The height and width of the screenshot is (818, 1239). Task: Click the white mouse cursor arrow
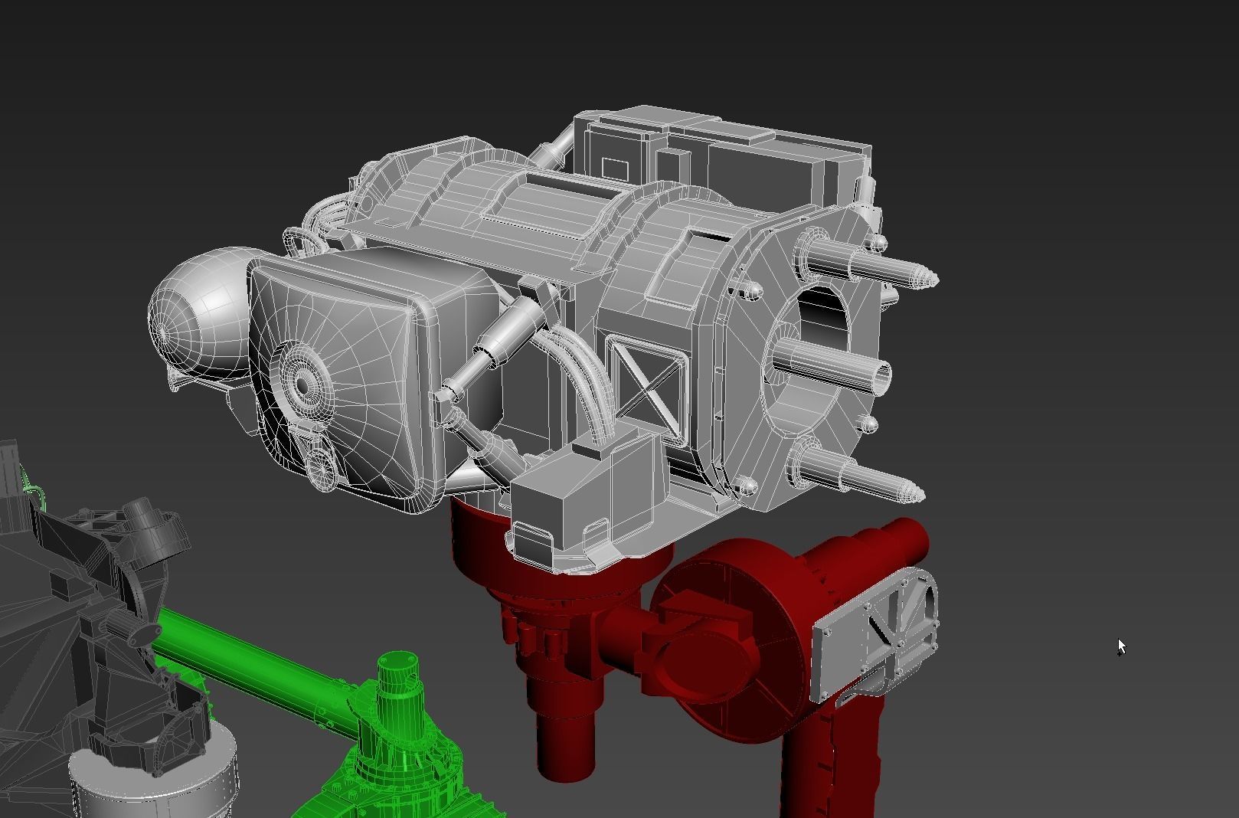coord(1121,646)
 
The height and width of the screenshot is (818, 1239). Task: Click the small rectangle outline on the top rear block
coord(614,169)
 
